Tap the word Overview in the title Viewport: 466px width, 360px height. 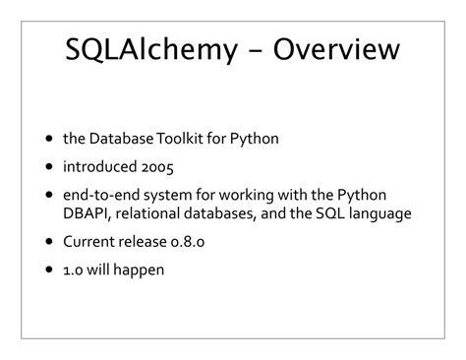coord(339,51)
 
